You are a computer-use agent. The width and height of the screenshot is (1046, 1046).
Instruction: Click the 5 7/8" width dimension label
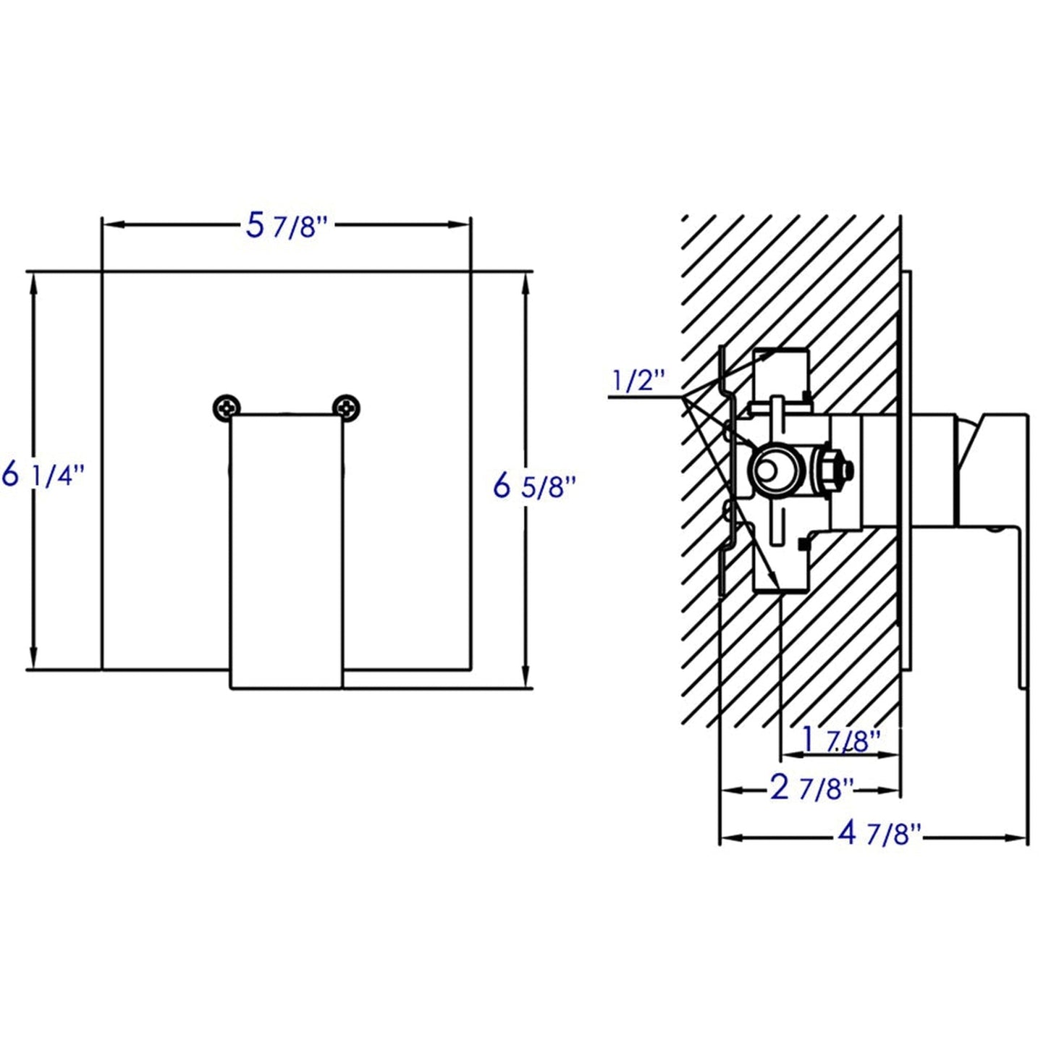(x=287, y=226)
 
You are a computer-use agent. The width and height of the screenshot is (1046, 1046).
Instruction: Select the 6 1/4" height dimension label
(x=43, y=476)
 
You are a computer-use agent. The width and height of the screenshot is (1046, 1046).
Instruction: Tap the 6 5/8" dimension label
(x=533, y=486)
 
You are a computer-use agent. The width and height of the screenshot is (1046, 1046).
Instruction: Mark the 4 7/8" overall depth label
(x=879, y=834)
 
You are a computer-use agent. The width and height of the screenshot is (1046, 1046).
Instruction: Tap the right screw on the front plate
(x=346, y=408)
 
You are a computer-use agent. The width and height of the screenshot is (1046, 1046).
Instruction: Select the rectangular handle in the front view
(x=286, y=550)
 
